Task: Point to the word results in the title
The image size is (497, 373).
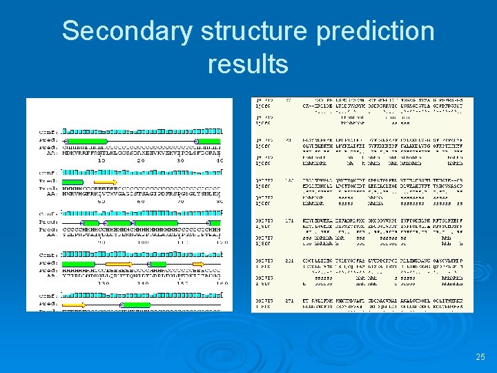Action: tap(247, 64)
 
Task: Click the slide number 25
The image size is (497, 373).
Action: tap(480, 357)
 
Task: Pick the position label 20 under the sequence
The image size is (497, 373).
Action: tap(142, 160)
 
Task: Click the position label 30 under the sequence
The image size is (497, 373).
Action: tap(181, 160)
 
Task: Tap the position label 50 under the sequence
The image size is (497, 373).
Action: tap(101, 201)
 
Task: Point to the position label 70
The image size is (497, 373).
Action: tap(181, 201)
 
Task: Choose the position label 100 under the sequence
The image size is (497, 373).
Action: tap(142, 242)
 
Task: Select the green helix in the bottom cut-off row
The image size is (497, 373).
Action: tap(136, 304)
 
